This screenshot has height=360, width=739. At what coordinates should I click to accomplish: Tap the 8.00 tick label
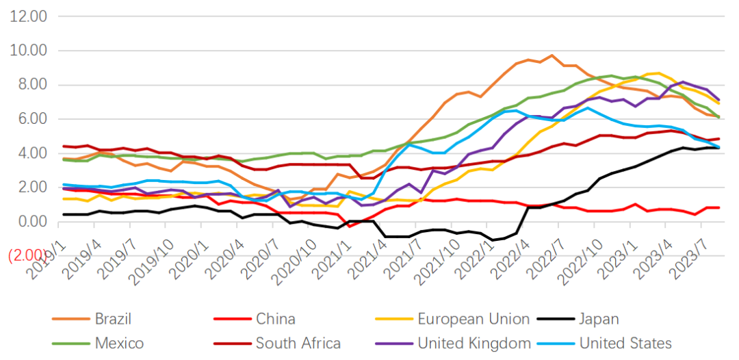[x=31, y=84]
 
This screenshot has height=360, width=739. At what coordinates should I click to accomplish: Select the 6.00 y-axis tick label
[x=31, y=118]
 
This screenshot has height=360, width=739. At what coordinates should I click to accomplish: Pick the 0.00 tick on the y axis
[x=31, y=221]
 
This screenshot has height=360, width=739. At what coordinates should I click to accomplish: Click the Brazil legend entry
[x=113, y=318]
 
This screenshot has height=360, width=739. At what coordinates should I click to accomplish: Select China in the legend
[x=276, y=318]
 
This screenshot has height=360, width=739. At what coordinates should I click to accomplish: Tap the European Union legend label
[x=473, y=318]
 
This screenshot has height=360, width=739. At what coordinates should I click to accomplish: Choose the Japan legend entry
[x=599, y=318]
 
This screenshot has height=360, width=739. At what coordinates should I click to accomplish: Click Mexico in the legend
[x=118, y=343]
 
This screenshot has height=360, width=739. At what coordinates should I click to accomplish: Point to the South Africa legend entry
[x=298, y=343]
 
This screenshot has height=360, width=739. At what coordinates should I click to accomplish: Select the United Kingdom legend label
[x=474, y=343]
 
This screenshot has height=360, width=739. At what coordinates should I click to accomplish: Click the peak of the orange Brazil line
[x=552, y=55]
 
